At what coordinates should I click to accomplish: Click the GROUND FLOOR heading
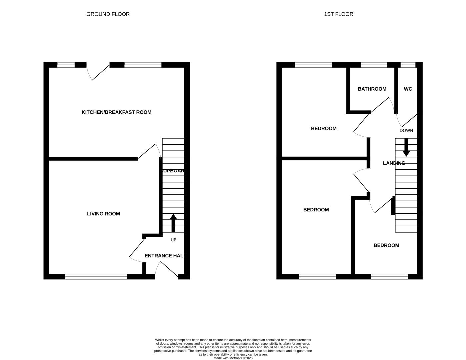pyautogui.click(x=108, y=14)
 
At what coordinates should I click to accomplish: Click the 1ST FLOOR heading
pyautogui.click(x=338, y=14)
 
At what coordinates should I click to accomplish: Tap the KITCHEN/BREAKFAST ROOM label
pyautogui.click(x=116, y=112)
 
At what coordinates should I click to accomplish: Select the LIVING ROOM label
pyautogui.click(x=103, y=214)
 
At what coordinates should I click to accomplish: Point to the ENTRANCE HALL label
pyautogui.click(x=164, y=256)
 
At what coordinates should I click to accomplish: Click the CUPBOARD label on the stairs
pyautogui.click(x=173, y=171)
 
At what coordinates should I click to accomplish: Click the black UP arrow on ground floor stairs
pyautogui.click(x=173, y=223)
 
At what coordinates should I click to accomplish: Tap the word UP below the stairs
pyautogui.click(x=173, y=240)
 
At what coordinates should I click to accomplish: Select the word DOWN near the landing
pyautogui.click(x=406, y=131)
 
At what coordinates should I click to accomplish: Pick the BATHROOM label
pyautogui.click(x=372, y=89)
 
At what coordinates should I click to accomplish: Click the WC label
pyautogui.click(x=408, y=89)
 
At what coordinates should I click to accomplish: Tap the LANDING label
pyautogui.click(x=394, y=163)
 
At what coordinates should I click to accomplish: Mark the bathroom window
pyautogui.click(x=374, y=65)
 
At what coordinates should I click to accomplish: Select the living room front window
pyautogui.click(x=96, y=276)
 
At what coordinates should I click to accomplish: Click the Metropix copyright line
pyautogui.click(x=233, y=358)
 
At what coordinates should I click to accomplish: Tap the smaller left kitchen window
pyautogui.click(x=66, y=65)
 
